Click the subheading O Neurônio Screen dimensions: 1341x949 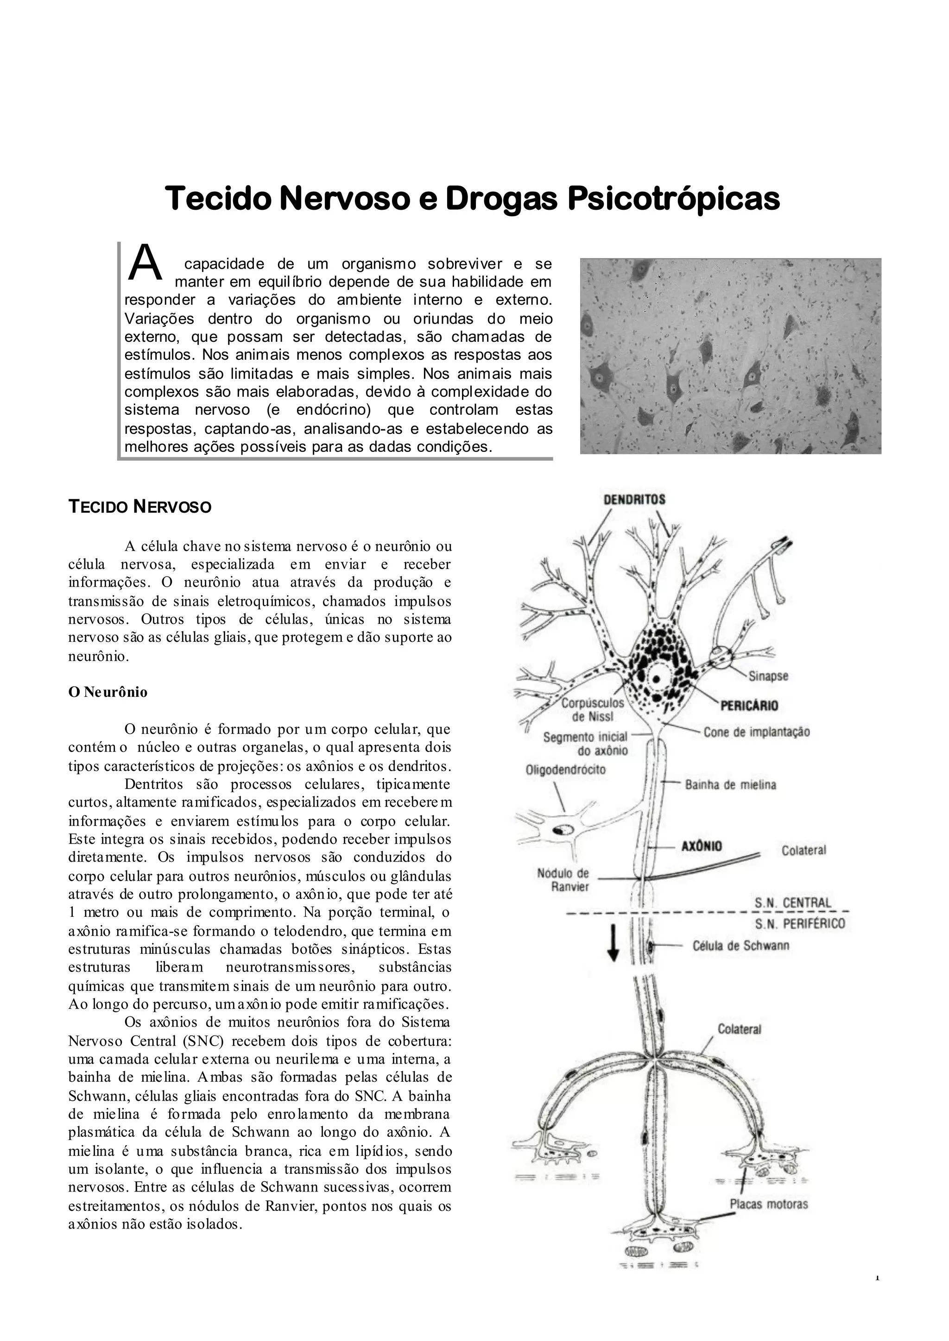coord(108,692)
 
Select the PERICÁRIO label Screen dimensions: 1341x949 coord(749,706)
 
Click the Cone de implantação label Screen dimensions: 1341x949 coord(756,732)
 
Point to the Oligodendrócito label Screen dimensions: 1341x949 coord(566,770)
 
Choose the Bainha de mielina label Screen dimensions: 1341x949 coord(730,784)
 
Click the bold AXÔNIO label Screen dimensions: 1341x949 coord(702,846)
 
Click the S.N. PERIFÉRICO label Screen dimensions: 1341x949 coord(799,923)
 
